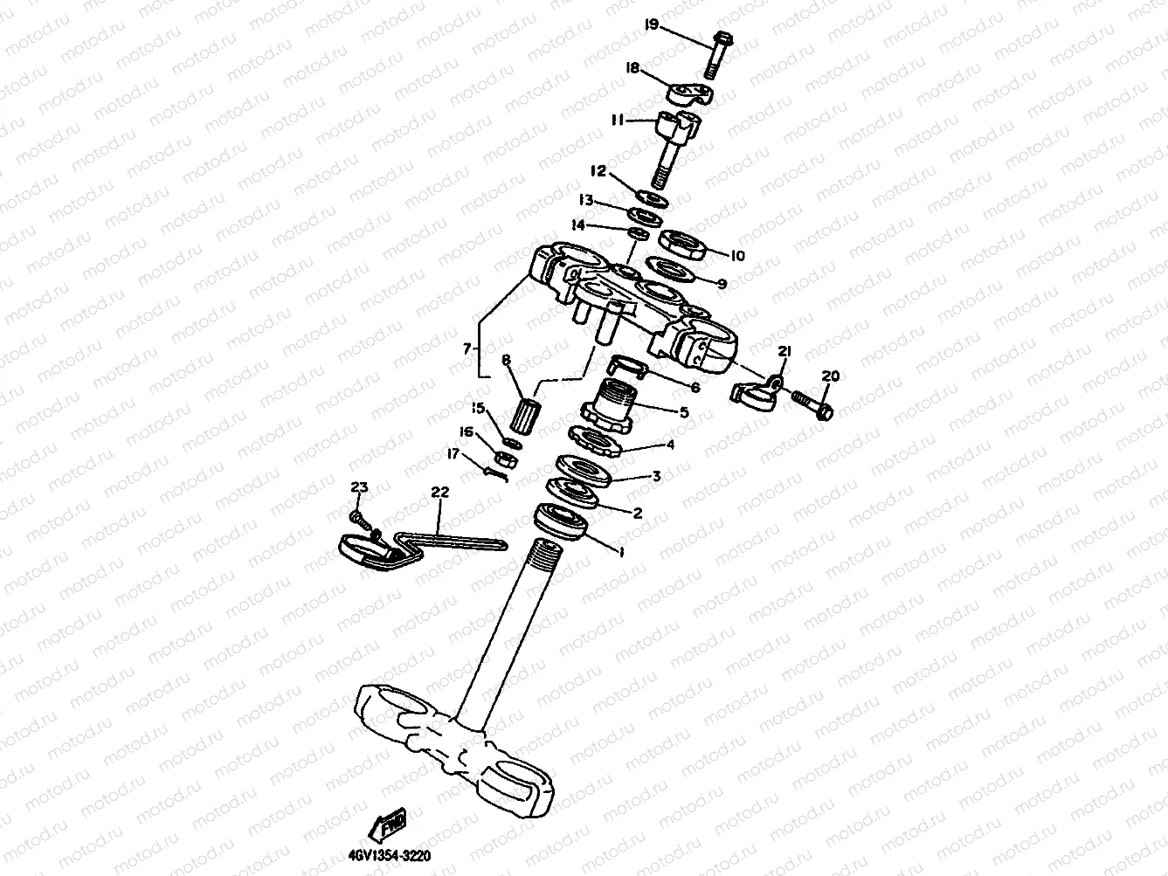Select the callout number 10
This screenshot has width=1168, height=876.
(x=736, y=256)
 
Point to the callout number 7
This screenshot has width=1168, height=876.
(x=470, y=348)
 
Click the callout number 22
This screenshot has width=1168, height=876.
(x=439, y=493)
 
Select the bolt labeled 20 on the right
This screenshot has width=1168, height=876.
(x=812, y=404)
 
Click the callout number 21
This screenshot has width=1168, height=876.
(x=784, y=351)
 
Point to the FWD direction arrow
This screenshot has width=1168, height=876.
(x=390, y=823)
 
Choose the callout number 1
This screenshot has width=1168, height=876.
(x=620, y=553)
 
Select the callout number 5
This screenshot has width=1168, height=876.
(x=684, y=412)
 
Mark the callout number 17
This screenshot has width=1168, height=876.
(x=453, y=452)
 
